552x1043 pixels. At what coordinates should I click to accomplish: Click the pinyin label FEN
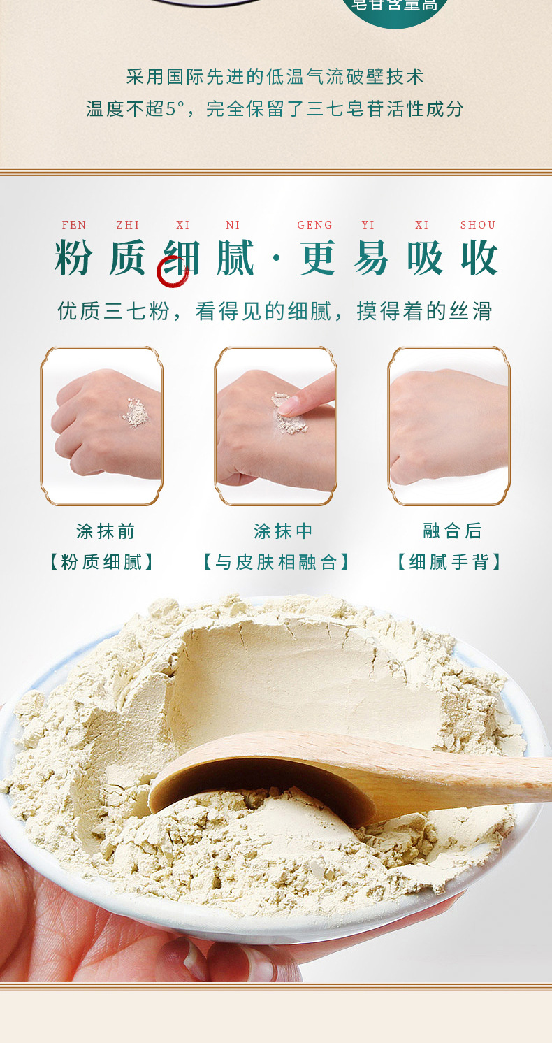point(74,225)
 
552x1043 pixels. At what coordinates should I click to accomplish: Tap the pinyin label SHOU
point(478,225)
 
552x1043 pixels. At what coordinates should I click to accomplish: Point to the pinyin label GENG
point(315,225)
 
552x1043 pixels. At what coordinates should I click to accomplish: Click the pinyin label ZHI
point(128,225)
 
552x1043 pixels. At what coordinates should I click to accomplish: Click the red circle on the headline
point(173,271)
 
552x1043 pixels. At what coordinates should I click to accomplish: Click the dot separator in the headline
point(276,259)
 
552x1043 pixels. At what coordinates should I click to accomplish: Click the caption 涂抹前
point(106,531)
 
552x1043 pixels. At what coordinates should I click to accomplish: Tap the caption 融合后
point(453,531)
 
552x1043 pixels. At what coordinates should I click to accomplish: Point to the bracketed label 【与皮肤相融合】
point(276,562)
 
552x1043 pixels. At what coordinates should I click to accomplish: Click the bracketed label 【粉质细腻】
point(102,562)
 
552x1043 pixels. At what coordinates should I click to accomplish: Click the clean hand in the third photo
point(447,426)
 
